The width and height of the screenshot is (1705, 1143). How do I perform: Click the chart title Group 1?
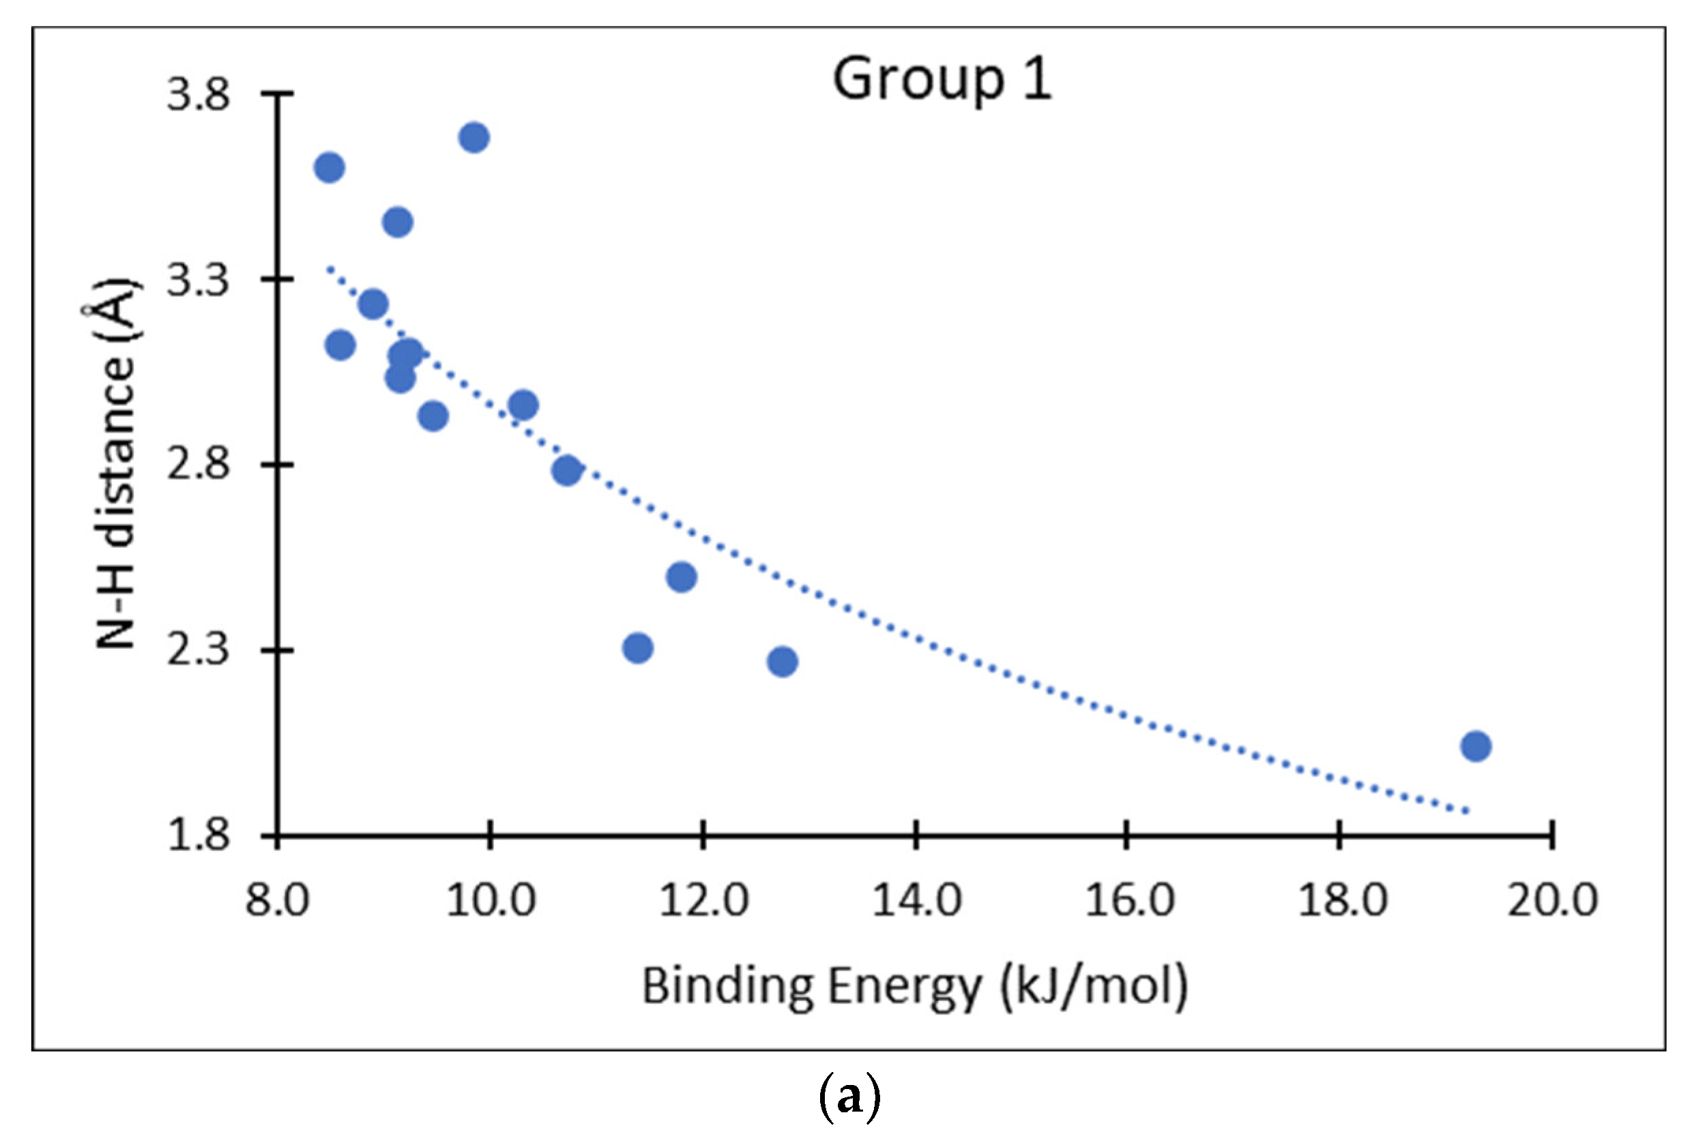tap(942, 81)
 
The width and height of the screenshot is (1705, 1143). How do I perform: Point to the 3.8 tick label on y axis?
tap(197, 95)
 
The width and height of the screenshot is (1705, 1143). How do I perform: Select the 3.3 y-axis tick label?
tap(197, 280)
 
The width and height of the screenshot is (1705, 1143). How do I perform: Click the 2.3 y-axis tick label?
tap(197, 650)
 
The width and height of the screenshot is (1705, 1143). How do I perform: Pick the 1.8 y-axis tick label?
tap(197, 835)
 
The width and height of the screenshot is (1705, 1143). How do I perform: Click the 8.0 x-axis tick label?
tap(277, 900)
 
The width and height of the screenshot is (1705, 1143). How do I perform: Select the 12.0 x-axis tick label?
tap(703, 900)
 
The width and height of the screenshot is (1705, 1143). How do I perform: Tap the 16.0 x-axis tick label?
tap(1128, 900)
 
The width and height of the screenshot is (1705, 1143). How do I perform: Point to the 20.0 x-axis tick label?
tap(1552, 900)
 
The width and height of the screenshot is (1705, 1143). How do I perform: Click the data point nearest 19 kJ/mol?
tap(1476, 747)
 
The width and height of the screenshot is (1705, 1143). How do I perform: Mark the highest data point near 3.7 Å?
tap(473, 137)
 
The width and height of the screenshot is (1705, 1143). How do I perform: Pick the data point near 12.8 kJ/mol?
tap(782, 662)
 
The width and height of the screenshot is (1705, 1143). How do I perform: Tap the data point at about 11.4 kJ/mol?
tap(637, 648)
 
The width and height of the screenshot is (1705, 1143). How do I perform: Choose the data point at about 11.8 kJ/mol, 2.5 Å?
tap(680, 577)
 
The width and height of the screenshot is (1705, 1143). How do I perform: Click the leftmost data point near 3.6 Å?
tap(329, 168)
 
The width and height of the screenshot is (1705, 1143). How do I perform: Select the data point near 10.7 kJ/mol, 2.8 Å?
tap(566, 470)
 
